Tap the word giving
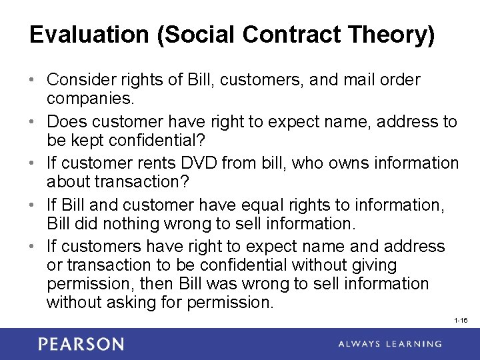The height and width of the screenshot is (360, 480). [x=374, y=265]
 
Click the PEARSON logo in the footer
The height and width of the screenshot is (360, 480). [x=81, y=344]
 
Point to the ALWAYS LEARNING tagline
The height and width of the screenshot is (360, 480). [x=391, y=344]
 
